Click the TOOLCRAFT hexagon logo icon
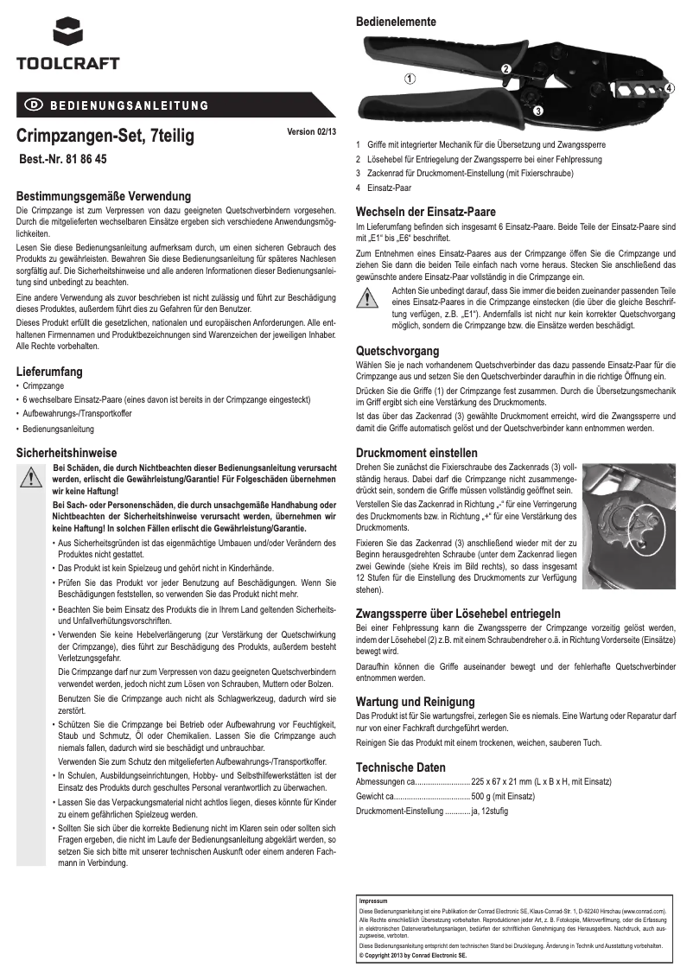tap(67, 33)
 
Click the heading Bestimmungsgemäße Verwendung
tap(104, 197)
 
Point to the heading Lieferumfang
tap(50, 372)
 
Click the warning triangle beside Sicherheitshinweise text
tap(29, 476)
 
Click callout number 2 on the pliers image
tap(505, 68)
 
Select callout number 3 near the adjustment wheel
tap(537, 111)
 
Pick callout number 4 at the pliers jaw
tap(670, 88)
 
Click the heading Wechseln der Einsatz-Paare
tap(426, 212)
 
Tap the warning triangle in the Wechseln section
tap(368, 298)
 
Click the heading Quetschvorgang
tap(397, 351)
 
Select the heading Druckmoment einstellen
tap(416, 453)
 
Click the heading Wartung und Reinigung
tap(416, 702)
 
